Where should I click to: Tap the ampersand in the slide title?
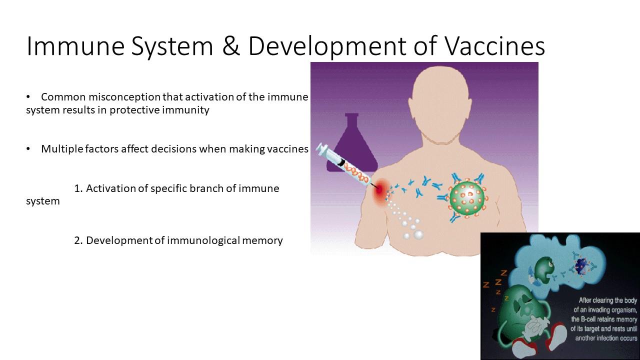tap(230, 45)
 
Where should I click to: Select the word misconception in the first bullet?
tap(124, 97)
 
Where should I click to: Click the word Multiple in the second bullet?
tap(62, 149)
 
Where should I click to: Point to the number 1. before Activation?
tap(78, 188)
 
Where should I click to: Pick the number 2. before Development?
tap(78, 240)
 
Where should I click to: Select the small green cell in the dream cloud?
tap(543, 270)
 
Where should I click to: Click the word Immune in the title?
tap(75, 45)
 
